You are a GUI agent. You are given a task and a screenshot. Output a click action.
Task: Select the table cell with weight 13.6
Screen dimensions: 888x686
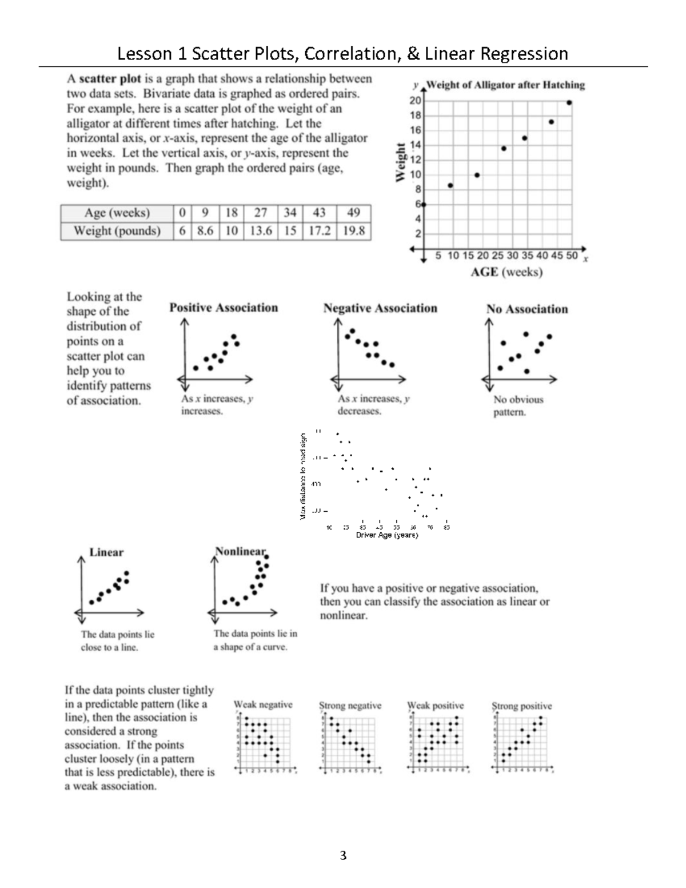click(260, 231)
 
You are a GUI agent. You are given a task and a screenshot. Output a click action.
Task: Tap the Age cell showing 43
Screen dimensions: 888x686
click(319, 213)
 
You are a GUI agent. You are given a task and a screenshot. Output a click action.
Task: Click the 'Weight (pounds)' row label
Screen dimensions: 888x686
click(117, 231)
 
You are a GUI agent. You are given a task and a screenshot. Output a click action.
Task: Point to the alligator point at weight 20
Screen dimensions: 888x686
click(569, 103)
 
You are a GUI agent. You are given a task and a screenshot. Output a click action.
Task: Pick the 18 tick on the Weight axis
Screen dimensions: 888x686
click(415, 116)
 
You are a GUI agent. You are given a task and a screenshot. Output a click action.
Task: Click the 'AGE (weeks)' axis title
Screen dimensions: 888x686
click(506, 272)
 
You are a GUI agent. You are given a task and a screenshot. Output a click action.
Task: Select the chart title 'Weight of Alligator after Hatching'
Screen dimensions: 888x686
click(505, 85)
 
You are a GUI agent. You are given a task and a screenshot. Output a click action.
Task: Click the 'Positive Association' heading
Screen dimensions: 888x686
click(224, 308)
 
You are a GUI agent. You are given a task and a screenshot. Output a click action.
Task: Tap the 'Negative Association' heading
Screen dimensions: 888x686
click(380, 308)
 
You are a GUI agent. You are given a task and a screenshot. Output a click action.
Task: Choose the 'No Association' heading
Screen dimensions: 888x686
click(527, 309)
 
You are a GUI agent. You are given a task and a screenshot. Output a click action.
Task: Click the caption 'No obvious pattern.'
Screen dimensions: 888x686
click(518, 405)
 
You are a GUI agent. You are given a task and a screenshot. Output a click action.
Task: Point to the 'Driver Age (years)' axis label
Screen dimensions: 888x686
click(387, 535)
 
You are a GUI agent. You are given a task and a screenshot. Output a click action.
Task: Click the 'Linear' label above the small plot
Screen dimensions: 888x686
click(106, 552)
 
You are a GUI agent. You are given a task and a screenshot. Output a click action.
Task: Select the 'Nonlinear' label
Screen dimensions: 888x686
click(241, 552)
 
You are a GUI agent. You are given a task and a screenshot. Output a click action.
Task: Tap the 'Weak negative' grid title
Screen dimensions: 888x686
click(263, 705)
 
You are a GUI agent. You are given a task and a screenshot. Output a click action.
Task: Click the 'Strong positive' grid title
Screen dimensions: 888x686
click(522, 706)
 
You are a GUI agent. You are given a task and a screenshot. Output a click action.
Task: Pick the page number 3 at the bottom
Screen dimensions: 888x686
click(342, 856)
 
